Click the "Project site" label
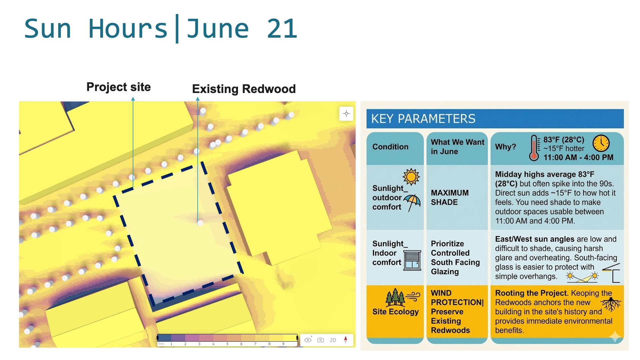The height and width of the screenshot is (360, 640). tap(119, 87)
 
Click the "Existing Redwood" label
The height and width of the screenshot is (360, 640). tap(244, 89)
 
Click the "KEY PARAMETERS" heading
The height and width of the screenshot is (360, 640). tap(423, 119)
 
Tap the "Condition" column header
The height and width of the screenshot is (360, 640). tap(390, 147)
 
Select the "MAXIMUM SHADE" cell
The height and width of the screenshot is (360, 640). tap(450, 197)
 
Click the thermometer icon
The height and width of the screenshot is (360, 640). tap(534, 148)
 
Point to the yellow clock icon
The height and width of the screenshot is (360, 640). tap(601, 144)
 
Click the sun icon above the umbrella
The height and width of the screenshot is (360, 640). tap(411, 177)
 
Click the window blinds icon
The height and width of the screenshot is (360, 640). tap(412, 260)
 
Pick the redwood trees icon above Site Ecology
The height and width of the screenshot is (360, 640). tap(395, 297)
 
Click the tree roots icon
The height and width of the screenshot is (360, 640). tap(611, 304)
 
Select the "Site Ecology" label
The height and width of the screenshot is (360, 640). tap(395, 312)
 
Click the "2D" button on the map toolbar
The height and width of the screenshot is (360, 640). tap(333, 340)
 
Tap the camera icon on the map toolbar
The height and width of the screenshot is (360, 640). tap(320, 340)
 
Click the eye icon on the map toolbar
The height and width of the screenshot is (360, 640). tap(308, 340)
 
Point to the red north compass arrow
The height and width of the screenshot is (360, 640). tap(346, 340)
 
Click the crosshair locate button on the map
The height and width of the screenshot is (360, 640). tap(346, 114)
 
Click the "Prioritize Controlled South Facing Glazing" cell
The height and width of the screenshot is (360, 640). tap(455, 258)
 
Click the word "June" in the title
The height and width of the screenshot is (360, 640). tap(218, 29)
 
